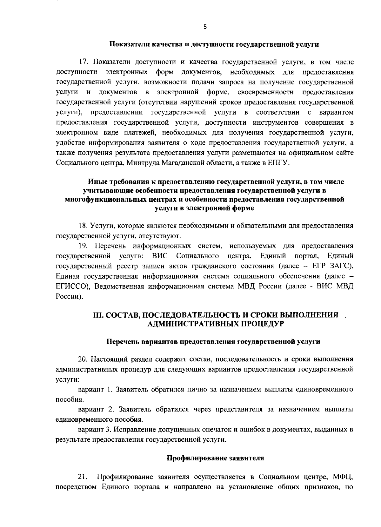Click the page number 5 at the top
click(205, 27)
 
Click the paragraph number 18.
click(83, 226)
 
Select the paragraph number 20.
click(83, 359)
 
